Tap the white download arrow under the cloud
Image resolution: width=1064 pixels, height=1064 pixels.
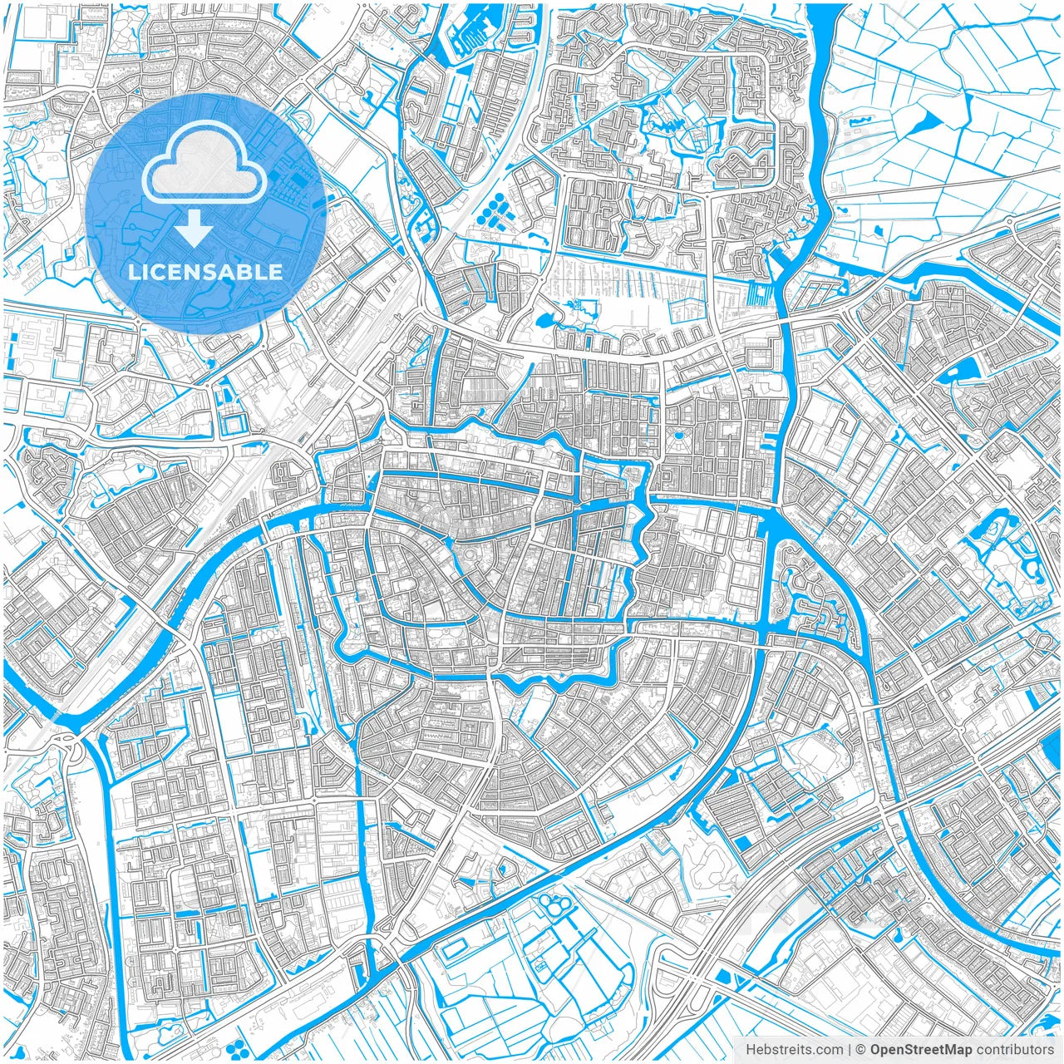click(x=195, y=228)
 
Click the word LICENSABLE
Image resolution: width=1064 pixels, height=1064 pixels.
click(x=204, y=272)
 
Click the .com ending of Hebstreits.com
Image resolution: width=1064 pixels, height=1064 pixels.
click(x=826, y=1050)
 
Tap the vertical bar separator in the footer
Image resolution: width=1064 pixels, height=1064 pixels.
click(x=850, y=1050)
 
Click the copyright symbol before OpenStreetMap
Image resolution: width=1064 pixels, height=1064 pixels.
click(x=862, y=1050)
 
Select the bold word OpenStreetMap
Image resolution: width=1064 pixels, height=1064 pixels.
click(x=921, y=1050)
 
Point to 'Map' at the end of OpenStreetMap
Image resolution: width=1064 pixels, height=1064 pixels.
click(x=958, y=1050)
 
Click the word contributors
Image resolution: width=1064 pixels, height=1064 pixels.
click(x=1015, y=1050)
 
